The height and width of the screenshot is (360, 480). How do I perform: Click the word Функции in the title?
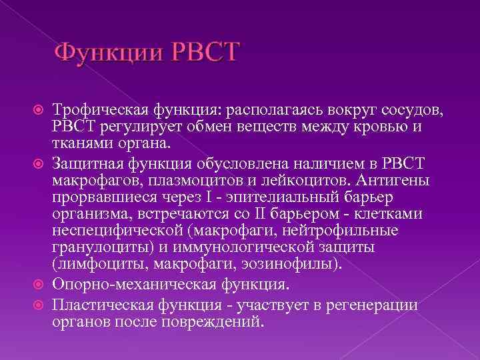[x=108, y=53]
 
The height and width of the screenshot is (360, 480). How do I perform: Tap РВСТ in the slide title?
[x=203, y=53]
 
